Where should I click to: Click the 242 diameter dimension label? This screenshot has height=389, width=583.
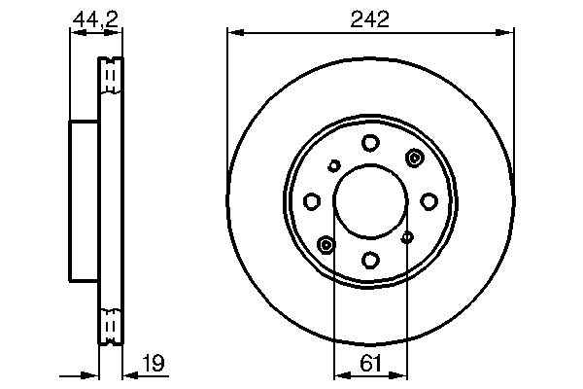click(x=370, y=18)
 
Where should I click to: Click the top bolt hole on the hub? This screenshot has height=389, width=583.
click(x=370, y=144)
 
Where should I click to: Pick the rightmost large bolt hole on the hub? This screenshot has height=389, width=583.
click(x=429, y=201)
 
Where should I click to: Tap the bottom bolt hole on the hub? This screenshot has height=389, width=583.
click(x=370, y=260)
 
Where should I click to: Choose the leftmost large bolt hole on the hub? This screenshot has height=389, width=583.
click(x=312, y=201)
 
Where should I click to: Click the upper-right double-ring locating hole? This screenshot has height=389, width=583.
click(x=415, y=159)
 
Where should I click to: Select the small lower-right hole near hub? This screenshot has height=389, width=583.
click(x=407, y=235)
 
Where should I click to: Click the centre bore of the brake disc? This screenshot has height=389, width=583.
click(x=370, y=201)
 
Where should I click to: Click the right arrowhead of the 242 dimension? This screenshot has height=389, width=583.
click(x=508, y=32)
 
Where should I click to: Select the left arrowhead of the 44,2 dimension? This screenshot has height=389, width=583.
click(x=74, y=32)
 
